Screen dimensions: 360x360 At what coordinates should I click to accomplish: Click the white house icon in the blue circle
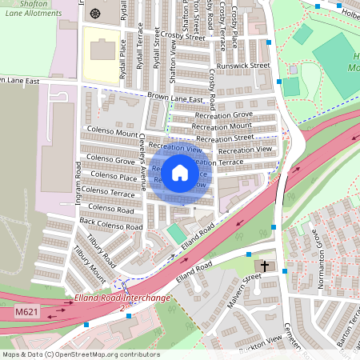pyautogui.click(x=180, y=172)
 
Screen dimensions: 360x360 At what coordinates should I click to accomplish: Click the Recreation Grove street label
pyautogui.click(x=223, y=116)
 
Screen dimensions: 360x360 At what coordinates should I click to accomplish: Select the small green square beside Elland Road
pyautogui.click(x=175, y=234)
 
